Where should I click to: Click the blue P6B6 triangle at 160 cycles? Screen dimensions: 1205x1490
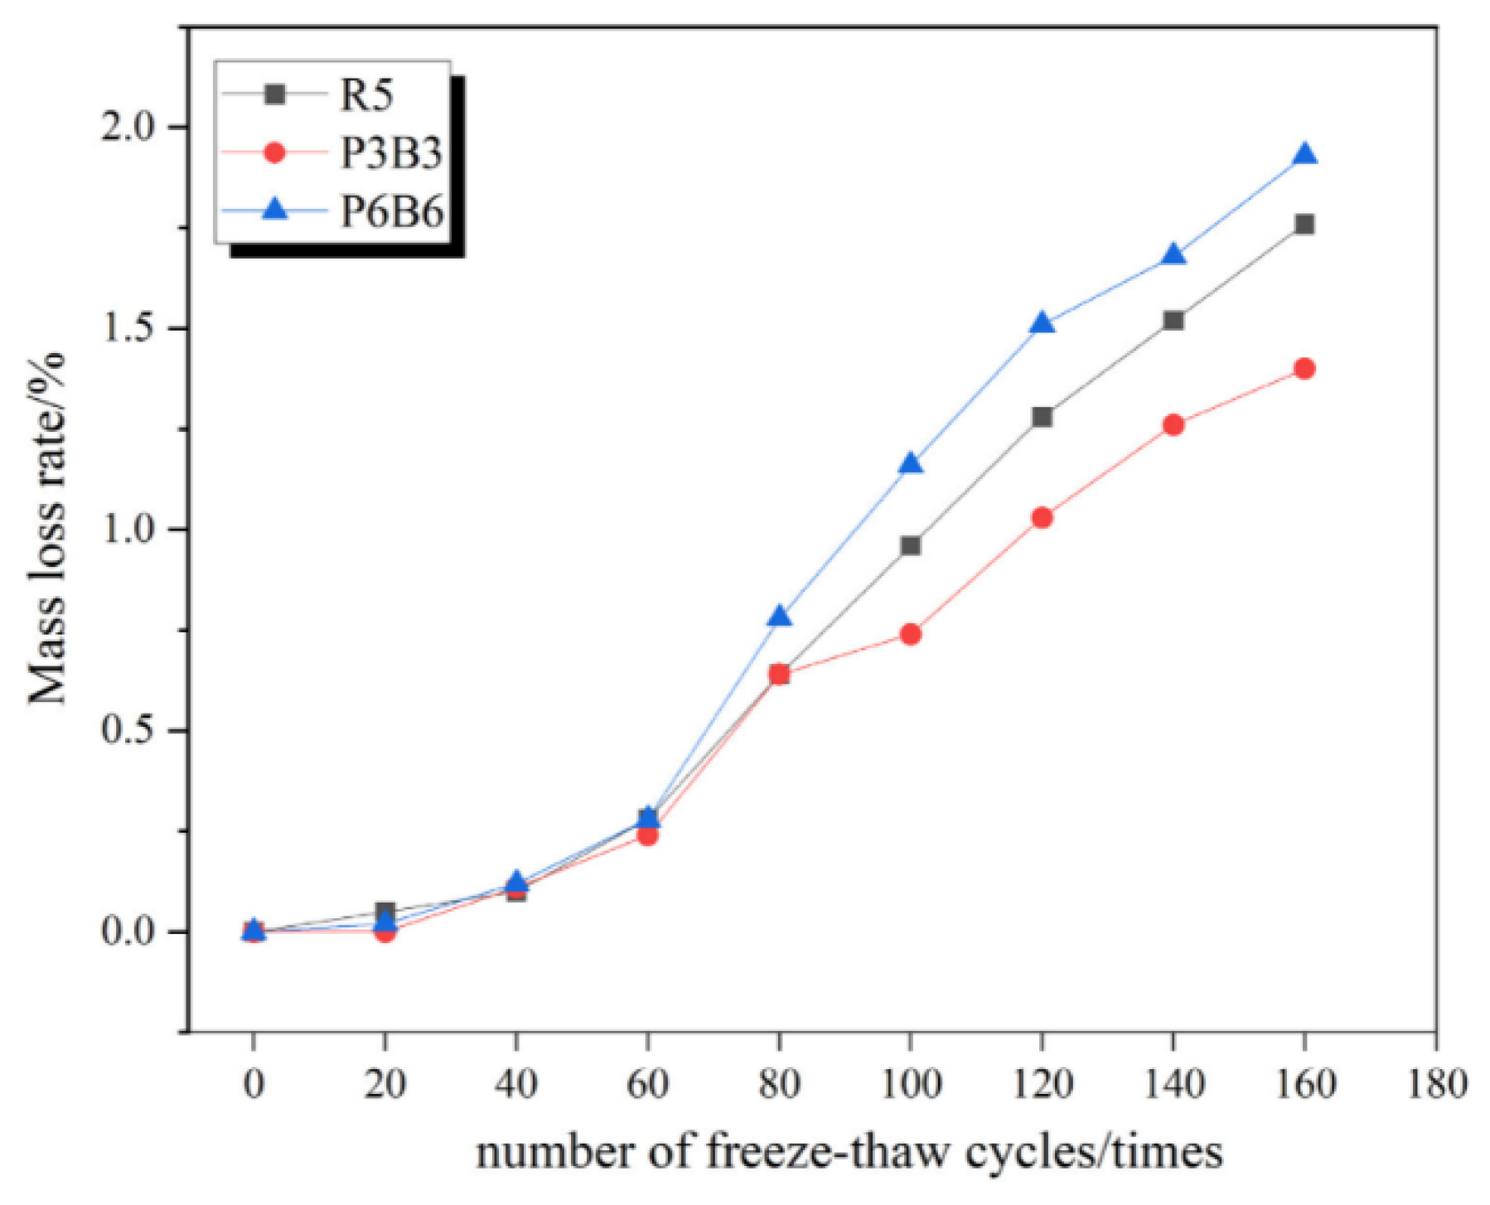tap(1304, 155)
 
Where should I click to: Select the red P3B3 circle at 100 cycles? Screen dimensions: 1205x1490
tap(910, 634)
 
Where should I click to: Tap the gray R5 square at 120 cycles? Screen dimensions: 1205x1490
tap(1042, 416)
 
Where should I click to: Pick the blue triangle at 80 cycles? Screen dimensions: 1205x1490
tap(779, 617)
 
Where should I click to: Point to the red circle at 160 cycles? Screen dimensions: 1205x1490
tap(1304, 368)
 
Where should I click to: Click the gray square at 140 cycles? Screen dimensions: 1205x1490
tap(1173, 320)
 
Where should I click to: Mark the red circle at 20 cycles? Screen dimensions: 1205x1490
tap(385, 932)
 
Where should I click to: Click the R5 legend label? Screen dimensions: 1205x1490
tap(366, 94)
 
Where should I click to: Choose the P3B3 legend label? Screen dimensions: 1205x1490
tap(391, 152)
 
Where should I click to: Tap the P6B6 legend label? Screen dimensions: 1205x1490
tap(391, 211)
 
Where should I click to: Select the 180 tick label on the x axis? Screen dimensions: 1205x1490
tap(1435, 1083)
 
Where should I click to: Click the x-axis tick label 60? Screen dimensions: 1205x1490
tap(647, 1083)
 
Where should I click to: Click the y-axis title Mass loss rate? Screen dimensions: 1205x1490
tap(47, 529)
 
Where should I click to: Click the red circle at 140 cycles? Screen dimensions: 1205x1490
tap(1173, 425)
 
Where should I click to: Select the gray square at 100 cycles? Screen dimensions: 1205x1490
tap(910, 545)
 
